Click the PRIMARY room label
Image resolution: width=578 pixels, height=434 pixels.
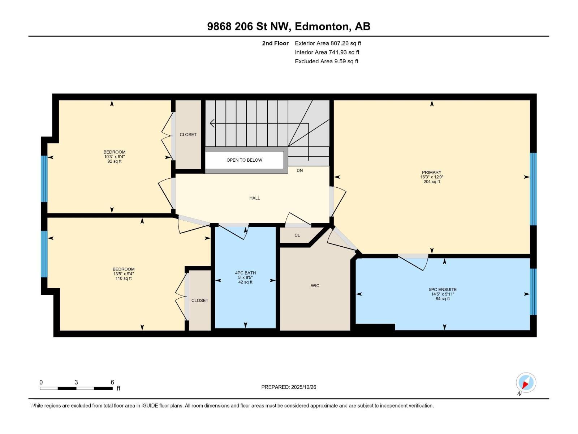[431, 173]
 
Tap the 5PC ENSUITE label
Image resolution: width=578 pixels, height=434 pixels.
[443, 289]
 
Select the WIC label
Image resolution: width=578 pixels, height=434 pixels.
[315, 286]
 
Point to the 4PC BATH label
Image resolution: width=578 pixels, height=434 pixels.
[245, 273]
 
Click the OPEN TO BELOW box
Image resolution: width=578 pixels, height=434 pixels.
[244, 160]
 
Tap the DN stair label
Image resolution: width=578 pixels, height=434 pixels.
[300, 170]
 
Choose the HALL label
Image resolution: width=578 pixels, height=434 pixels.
[254, 198]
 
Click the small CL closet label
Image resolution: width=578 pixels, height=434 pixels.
[297, 235]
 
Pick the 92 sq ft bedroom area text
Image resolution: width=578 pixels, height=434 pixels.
[114, 161]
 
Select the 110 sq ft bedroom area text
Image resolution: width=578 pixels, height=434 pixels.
[124, 278]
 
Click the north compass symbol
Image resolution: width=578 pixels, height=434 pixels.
[526, 383]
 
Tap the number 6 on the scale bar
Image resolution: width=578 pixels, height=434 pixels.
[112, 382]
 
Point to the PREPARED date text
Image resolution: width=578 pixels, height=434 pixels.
[289, 387]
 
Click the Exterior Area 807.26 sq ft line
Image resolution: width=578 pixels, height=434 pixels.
[328, 43]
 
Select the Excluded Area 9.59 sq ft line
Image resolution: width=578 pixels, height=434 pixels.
[327, 61]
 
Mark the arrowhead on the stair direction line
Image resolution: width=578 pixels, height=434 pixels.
[212, 123]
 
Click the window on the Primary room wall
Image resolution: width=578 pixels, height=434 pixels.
[533, 189]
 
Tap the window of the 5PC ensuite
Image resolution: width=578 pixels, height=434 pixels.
[533, 292]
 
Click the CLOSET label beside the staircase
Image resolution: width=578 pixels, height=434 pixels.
[188, 135]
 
